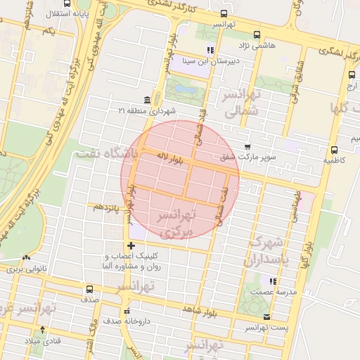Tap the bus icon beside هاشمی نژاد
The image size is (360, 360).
(257, 34)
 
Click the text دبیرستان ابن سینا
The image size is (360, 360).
(208, 61)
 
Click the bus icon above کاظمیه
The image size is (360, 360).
(333, 149)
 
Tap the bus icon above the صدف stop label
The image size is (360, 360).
(89, 289)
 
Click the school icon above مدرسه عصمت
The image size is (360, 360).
(283, 281)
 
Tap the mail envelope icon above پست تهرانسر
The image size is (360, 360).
(266, 317)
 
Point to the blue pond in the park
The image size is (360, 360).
(185, 90)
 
